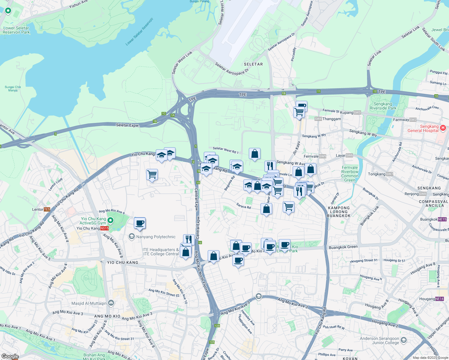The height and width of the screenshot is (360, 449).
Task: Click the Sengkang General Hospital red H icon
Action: tap(443, 128)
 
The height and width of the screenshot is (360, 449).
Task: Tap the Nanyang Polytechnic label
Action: tap(156, 237)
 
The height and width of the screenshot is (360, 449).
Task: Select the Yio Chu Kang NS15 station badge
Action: tap(104, 228)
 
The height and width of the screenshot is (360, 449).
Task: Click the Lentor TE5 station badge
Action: tap(47, 209)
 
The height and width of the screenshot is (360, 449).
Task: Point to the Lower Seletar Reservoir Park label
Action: tap(17, 30)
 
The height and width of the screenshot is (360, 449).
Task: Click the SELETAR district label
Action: tap(253, 64)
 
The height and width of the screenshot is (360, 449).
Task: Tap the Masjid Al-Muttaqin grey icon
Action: tap(111, 303)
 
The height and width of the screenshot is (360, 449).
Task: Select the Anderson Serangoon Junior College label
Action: tap(379, 340)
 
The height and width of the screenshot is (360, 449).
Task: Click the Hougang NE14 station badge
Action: tap(439, 299)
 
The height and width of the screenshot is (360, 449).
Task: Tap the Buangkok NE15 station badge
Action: tap(442, 219)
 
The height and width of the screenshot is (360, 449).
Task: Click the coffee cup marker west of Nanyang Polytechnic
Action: tap(140, 223)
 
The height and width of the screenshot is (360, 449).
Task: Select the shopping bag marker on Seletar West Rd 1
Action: tap(255, 154)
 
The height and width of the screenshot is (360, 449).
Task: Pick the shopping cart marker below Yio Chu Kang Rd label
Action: tap(152, 174)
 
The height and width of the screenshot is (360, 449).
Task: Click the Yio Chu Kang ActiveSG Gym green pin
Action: tap(110, 221)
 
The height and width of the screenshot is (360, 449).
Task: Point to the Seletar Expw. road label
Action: tap(128, 125)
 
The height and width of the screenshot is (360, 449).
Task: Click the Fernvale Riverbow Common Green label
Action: tap(350, 174)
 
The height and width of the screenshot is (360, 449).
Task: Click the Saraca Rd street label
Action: tap(243, 206)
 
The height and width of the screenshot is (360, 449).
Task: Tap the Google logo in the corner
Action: tap(10, 356)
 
